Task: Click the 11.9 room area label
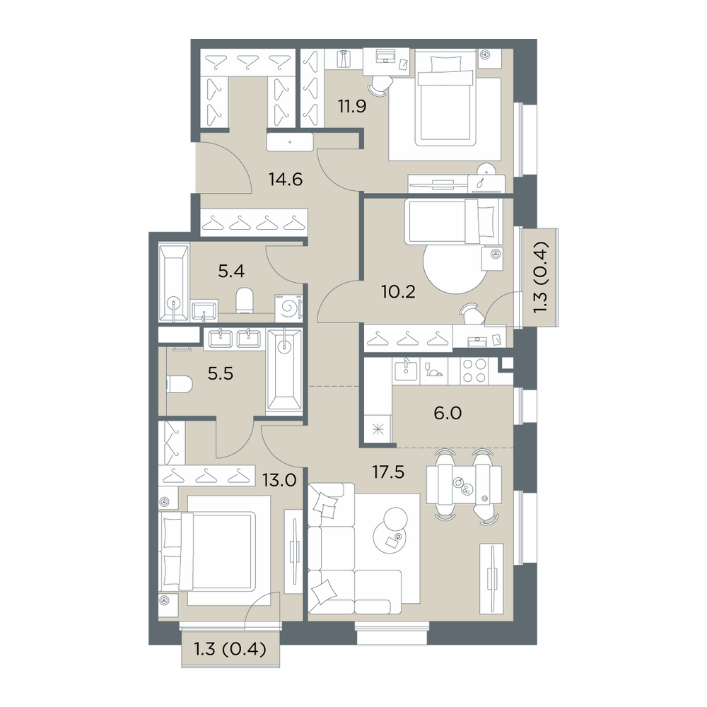point(352,107)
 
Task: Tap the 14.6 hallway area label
point(286,180)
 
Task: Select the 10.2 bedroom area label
point(398,292)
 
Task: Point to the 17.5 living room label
point(388,472)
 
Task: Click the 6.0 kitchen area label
point(448,413)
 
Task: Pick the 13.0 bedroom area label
point(279,481)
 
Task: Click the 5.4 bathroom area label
point(231,271)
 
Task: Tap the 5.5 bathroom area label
point(221,374)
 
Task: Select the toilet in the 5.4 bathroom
point(245,300)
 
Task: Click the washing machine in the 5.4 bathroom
point(288,308)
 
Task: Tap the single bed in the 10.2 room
point(453,221)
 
